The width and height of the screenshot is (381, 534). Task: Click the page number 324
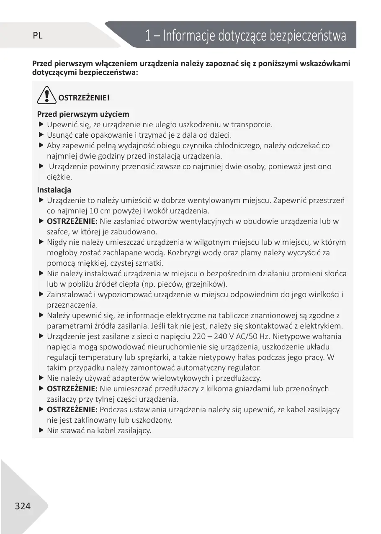23,506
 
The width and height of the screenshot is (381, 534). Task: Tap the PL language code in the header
38,36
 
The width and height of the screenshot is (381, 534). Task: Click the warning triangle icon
46,97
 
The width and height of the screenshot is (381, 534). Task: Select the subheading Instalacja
54,190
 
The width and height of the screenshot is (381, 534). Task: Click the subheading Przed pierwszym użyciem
83,114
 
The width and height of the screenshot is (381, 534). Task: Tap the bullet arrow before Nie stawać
41,430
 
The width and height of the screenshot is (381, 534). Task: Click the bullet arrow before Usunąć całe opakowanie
41,135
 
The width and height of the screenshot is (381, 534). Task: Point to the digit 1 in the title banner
148,36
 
